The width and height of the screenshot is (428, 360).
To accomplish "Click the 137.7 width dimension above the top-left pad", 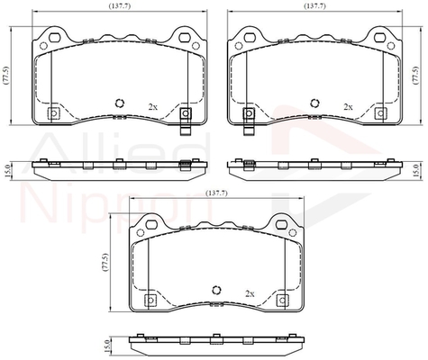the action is coord(120,5).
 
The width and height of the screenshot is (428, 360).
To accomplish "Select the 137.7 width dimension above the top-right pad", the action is coord(314,5).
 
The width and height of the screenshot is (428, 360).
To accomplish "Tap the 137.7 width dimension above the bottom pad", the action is coord(216,193).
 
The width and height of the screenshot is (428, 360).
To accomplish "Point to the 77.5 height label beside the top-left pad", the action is coord(6,76).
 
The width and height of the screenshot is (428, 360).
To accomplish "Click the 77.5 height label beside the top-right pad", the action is coord(415,76).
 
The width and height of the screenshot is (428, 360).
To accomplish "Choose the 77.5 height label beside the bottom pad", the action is coord(105,263).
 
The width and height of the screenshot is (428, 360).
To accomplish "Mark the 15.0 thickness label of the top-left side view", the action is coord(8,171).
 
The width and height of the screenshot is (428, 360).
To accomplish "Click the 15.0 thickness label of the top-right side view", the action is coord(416,171).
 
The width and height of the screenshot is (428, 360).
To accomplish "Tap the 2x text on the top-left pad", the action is coord(153,106).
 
